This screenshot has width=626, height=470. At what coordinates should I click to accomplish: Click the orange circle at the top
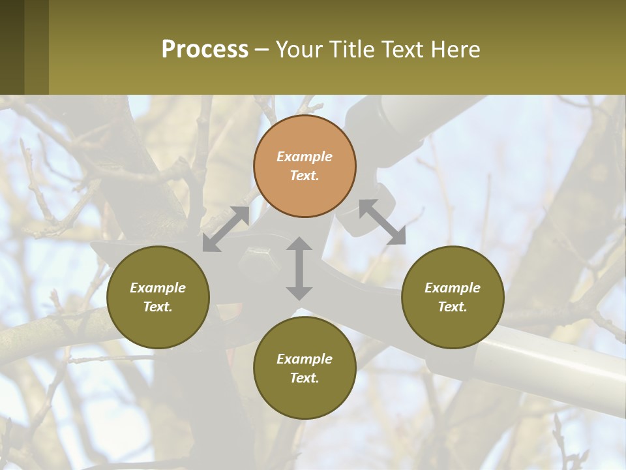305,166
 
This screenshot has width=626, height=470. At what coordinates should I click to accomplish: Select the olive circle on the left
158,297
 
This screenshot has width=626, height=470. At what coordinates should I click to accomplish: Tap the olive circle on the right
453,297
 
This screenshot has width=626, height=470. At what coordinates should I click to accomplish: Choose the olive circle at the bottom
305,368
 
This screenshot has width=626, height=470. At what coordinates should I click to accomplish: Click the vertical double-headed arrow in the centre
299,268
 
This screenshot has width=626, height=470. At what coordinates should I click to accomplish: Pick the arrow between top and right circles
382,222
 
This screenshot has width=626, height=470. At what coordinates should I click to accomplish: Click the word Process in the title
205,49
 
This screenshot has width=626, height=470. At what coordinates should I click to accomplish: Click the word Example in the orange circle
305,157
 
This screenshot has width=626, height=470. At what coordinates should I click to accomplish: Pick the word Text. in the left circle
158,307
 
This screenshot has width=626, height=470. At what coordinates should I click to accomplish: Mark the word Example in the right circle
453,288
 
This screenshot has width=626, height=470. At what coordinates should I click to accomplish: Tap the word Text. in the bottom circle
305,378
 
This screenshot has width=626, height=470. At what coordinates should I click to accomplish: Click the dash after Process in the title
261,50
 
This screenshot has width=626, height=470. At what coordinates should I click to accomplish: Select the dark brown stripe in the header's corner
12,47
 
